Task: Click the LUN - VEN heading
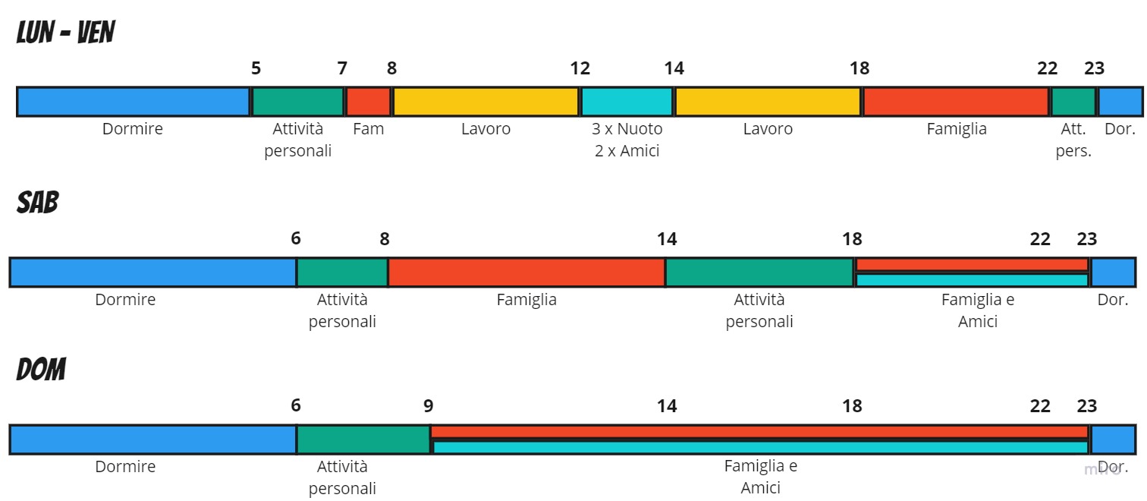coord(66,33)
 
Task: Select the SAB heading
coord(37,203)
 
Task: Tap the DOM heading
coord(41,370)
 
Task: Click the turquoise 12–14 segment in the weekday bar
coord(627,102)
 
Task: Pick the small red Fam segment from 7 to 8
coord(368,102)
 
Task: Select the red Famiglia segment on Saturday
coord(526,273)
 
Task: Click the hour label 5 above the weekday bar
coord(256,68)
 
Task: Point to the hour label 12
coord(580,68)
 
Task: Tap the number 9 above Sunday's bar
coord(429,406)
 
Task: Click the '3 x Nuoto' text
coord(627,129)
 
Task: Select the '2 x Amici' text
coord(627,151)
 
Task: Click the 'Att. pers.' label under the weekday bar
coord(1073,140)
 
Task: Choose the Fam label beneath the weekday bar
coord(369,129)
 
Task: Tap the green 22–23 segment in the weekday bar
coord(1073,102)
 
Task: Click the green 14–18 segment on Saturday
coord(759,273)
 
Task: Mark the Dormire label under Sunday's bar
coord(125,467)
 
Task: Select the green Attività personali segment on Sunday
coord(363,440)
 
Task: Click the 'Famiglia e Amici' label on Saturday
coord(978,310)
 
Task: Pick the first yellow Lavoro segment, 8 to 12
coord(486,102)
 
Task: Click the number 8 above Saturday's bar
coord(385,238)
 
